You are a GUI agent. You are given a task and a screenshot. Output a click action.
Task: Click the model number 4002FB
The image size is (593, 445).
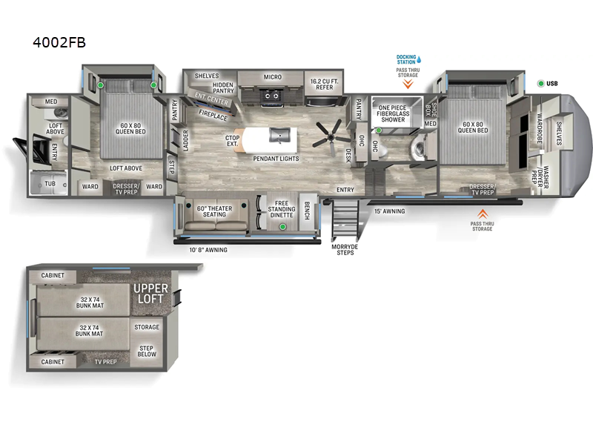59,42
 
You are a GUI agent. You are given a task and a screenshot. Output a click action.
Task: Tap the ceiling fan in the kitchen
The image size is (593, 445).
328,134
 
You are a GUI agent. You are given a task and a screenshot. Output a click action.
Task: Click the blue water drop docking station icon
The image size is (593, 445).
419,59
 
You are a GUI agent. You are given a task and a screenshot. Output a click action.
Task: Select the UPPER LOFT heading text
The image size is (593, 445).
150,293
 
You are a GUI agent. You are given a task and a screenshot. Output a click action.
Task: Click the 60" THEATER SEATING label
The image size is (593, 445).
214,211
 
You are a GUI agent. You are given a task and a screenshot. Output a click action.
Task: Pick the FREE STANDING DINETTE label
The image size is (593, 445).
281,208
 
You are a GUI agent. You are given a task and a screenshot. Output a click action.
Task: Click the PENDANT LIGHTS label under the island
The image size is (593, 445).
276,157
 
